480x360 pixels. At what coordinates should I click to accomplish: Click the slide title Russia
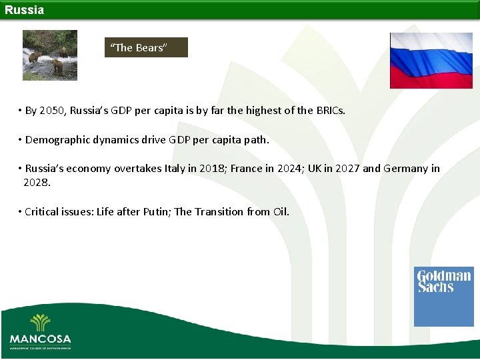(x=25, y=10)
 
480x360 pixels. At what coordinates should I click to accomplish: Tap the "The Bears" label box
(x=146, y=47)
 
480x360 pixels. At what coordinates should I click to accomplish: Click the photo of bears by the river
(x=49, y=55)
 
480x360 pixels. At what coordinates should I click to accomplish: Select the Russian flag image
(x=431, y=61)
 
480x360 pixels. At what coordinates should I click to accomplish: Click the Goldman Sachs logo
(x=443, y=297)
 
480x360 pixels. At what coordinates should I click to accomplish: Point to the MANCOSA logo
(x=40, y=331)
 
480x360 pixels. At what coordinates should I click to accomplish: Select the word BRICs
(x=330, y=111)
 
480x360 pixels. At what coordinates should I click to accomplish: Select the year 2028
(x=36, y=182)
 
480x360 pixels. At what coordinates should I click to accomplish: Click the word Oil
(x=280, y=212)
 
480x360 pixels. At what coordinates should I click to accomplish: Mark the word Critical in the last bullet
(x=42, y=212)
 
